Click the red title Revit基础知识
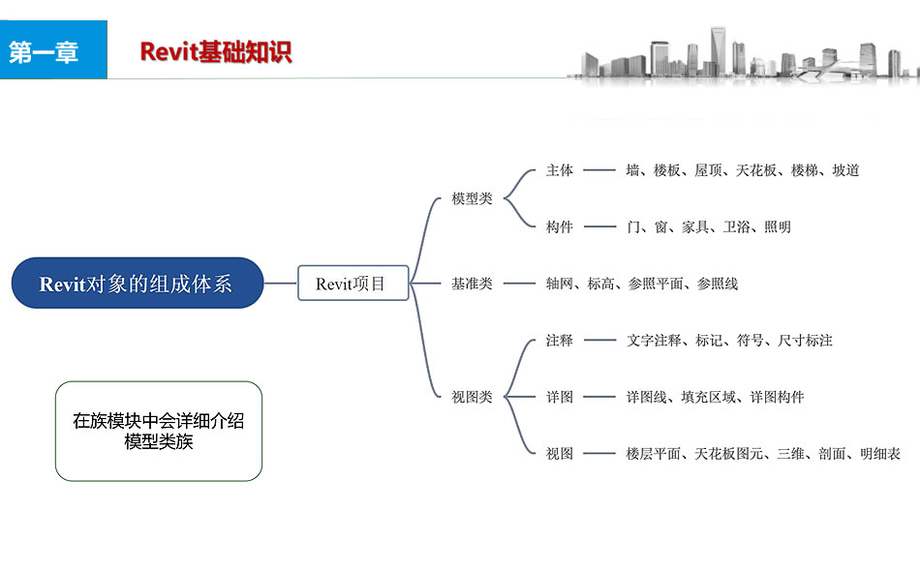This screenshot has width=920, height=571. click(215, 52)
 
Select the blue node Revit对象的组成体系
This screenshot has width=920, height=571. click(137, 284)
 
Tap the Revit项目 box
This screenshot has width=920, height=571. click(353, 284)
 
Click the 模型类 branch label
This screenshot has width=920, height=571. click(472, 198)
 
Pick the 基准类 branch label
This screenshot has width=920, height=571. click(472, 284)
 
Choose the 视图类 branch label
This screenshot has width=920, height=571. click(472, 397)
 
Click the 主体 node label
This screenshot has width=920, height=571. click(559, 170)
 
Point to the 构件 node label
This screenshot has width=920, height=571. click(559, 227)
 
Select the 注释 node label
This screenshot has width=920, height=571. click(559, 341)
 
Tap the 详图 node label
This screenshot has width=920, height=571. click(559, 397)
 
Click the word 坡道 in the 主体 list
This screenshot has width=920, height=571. click(845, 170)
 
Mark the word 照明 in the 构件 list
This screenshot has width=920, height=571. click(778, 227)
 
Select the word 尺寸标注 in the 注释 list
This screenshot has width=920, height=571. click(805, 341)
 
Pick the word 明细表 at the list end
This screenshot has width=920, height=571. click(880, 453)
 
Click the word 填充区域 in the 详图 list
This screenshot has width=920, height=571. click(708, 397)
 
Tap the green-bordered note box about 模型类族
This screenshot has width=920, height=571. click(159, 432)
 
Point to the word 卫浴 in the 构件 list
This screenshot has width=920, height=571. click(736, 227)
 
